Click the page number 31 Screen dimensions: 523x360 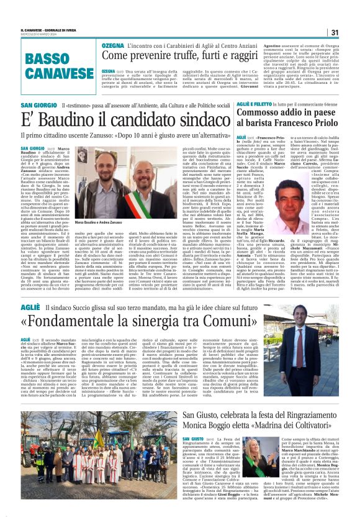tap(335, 32)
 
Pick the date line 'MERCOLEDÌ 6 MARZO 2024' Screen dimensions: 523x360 tap(38, 35)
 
